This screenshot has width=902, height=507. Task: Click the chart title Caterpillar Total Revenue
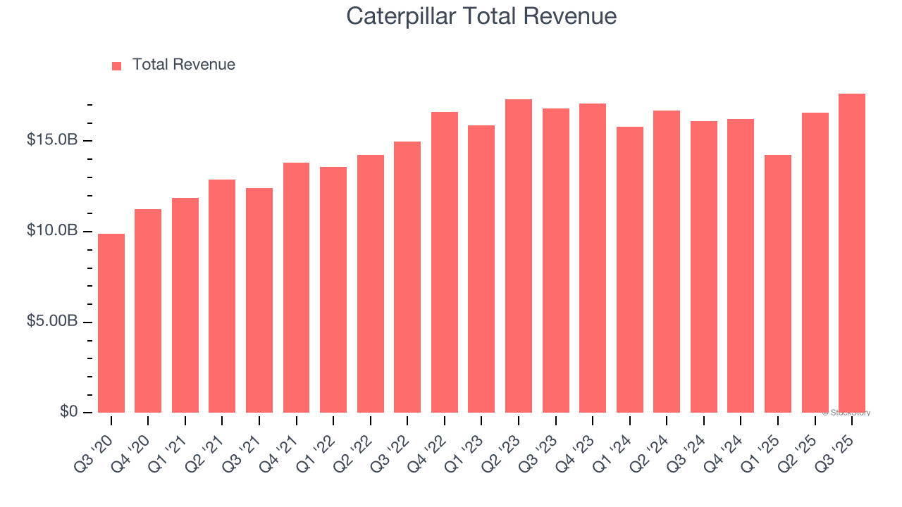pos(481,16)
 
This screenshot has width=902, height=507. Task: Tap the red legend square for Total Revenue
pos(117,65)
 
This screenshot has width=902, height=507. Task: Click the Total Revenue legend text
pos(183,65)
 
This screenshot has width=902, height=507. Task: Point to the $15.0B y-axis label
pos(51,140)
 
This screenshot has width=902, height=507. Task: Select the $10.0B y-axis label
pos(51,231)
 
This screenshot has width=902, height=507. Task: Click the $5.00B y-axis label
pos(51,322)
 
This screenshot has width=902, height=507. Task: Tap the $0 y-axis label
pos(68,412)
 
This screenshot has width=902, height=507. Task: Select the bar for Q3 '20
pos(111,323)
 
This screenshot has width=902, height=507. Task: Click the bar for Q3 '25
pos(852,254)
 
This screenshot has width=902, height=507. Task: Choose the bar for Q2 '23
pos(519,256)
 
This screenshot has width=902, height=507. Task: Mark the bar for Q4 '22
pos(445,263)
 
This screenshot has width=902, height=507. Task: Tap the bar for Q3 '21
pos(259,301)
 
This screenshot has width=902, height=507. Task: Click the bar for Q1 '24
pos(629,270)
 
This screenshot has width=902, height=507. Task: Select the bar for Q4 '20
pos(148,311)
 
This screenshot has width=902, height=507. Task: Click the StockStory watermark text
pos(846,413)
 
